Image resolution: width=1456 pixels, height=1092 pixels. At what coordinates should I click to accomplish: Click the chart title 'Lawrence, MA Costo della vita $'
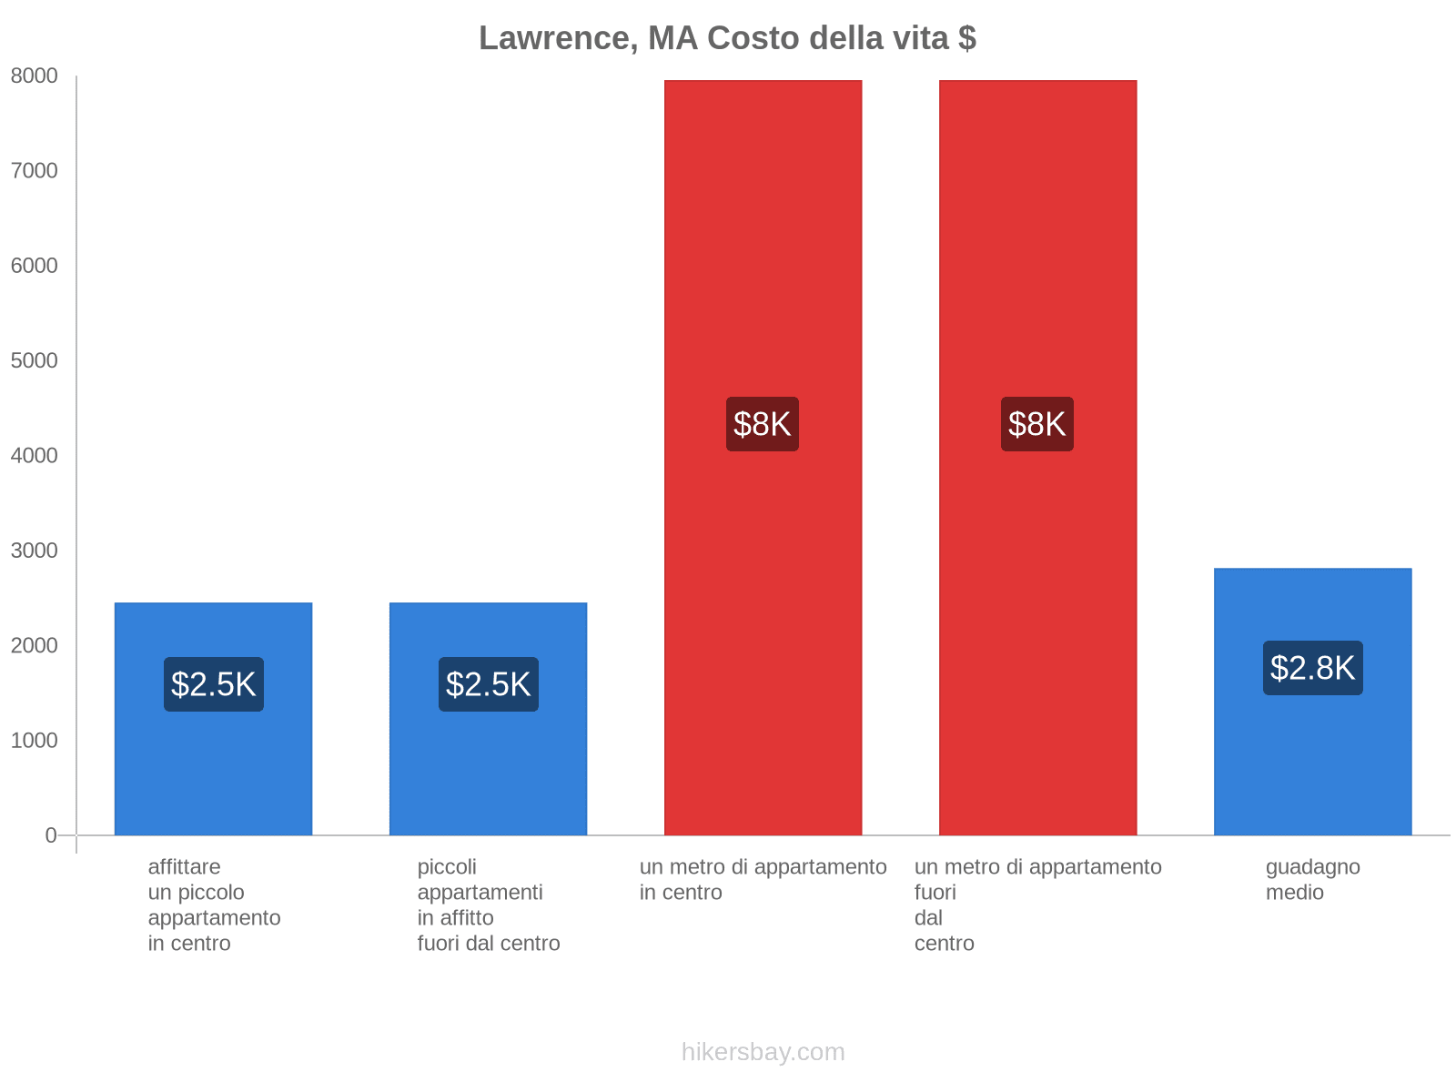(727, 38)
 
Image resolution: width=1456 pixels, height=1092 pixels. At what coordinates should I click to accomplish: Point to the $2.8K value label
(1312, 668)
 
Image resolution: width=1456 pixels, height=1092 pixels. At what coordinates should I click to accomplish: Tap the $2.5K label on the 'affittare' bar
(214, 684)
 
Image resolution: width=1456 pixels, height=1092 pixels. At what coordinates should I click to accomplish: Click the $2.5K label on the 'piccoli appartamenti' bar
(488, 684)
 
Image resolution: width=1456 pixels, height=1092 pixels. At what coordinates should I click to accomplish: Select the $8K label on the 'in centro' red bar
(763, 424)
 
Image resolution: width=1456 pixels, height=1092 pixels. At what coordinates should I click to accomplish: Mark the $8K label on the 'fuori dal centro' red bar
(1037, 424)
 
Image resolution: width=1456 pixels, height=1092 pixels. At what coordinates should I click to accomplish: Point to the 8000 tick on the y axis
(35, 76)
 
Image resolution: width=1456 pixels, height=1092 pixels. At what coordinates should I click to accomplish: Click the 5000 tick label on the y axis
(35, 361)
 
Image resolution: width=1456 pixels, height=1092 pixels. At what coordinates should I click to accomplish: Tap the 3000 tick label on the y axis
(35, 551)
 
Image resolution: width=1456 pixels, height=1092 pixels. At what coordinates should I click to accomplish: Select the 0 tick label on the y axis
(51, 835)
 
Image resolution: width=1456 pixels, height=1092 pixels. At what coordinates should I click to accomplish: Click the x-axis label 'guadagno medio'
(1312, 879)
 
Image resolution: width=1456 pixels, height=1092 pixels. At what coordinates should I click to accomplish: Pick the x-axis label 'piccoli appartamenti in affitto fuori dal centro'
(488, 905)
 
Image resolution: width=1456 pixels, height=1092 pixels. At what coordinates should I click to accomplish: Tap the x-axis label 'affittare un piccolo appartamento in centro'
(214, 905)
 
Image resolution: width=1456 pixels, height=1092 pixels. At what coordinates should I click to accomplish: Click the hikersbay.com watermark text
(763, 1052)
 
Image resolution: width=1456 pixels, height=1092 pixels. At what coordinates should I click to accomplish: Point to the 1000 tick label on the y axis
(35, 741)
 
